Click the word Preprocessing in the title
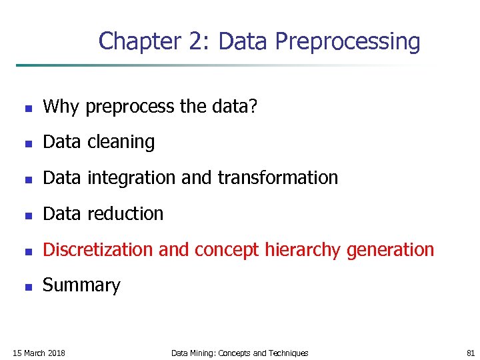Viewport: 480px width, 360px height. [x=347, y=41]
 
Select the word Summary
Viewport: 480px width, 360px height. [x=81, y=286]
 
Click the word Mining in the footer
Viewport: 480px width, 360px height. [x=202, y=353]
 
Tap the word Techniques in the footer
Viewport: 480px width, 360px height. [x=289, y=353]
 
